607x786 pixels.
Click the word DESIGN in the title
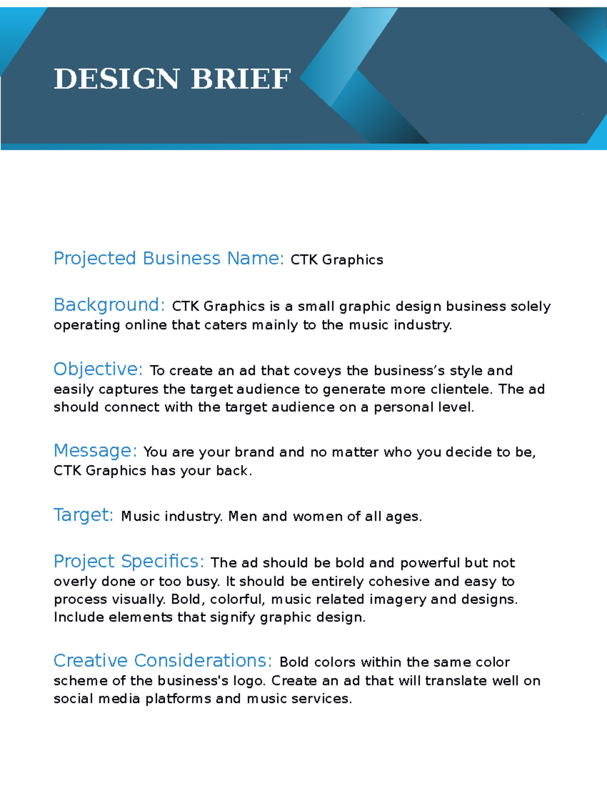[116, 79]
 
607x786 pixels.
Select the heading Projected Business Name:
[169, 259]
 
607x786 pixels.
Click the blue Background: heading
[109, 305]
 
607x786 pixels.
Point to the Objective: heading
[98, 369]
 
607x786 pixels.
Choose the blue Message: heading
[95, 451]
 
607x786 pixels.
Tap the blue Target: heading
[83, 515]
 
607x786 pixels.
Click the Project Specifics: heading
[129, 562]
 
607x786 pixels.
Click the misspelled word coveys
[317, 371]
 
